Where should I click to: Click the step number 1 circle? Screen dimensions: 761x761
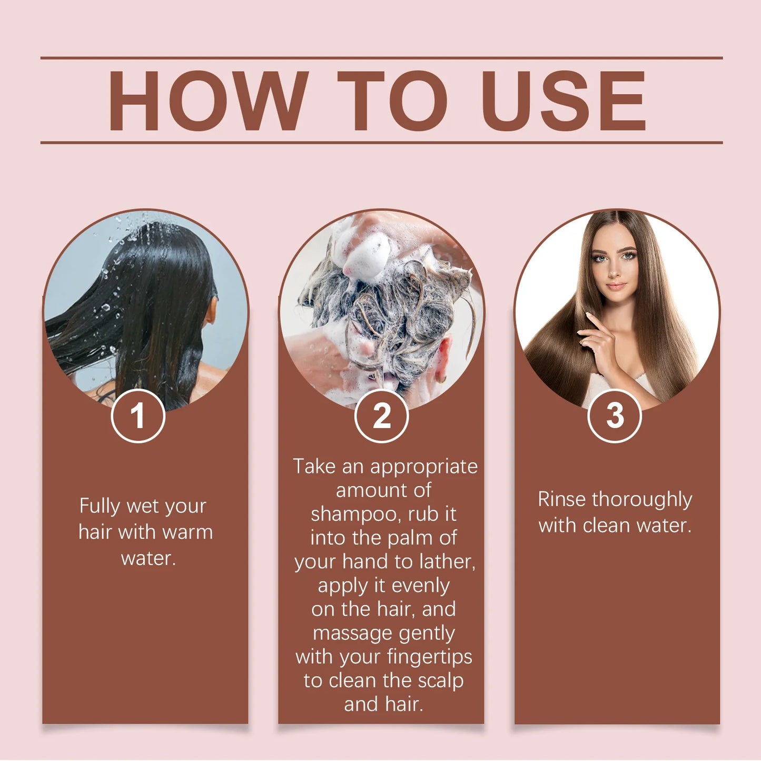click(138, 416)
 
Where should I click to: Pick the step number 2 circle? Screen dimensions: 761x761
click(382, 416)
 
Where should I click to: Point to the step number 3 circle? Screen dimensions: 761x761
click(615, 416)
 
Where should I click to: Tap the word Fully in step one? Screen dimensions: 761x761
click(100, 506)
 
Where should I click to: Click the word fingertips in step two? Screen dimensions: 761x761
click(429, 657)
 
